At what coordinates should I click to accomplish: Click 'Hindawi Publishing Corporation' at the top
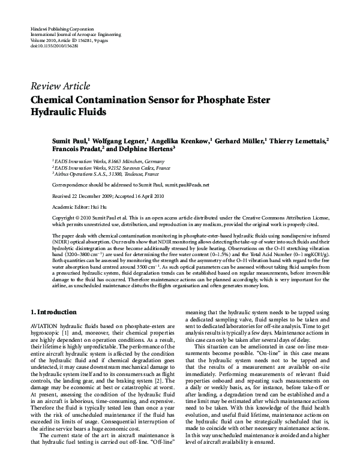pyautogui.click(x=61, y=29)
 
